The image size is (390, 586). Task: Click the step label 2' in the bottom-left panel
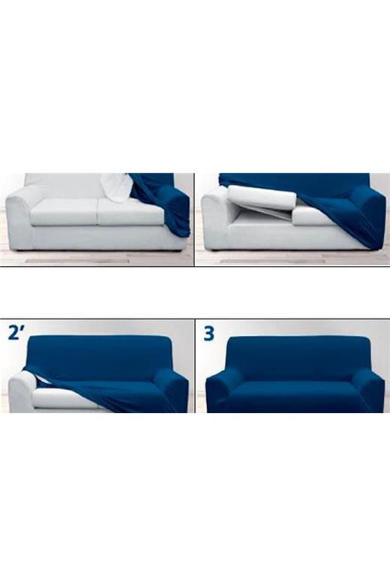tap(18, 333)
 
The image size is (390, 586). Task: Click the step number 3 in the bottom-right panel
tap(208, 334)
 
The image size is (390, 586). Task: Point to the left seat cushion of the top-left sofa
tap(63, 212)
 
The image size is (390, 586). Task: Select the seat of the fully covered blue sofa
tap(296, 395)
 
